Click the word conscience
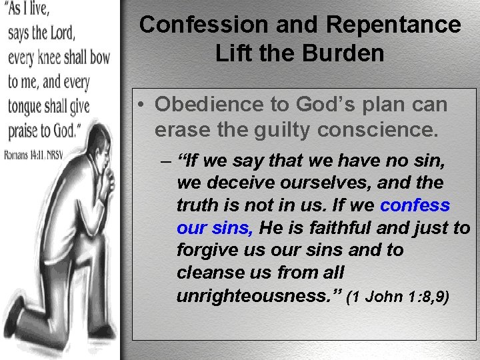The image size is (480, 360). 377,129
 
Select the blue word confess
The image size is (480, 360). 415,205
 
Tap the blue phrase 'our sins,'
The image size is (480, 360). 215,228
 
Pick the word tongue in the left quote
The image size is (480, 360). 29,106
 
